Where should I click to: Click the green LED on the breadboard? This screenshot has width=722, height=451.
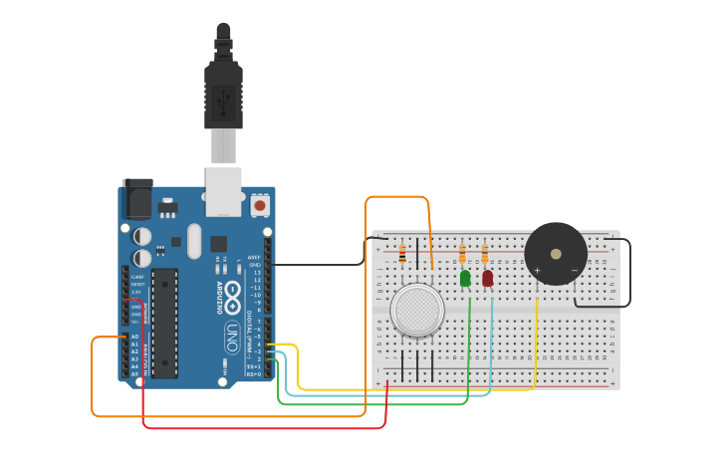tap(465, 278)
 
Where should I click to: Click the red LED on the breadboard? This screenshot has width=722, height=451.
tap(487, 278)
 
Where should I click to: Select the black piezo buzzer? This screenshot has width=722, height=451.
tap(556, 253)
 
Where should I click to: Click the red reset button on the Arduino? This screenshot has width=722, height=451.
tap(260, 206)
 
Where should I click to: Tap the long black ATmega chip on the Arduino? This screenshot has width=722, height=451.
tap(164, 323)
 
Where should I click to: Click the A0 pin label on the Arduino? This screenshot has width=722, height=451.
tap(135, 337)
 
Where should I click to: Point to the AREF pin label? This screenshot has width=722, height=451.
tap(255, 257)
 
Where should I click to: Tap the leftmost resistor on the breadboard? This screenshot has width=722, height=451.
tap(402, 254)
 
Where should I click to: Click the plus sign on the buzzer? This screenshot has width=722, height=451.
tap(537, 270)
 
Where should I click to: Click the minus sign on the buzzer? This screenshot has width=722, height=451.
tap(575, 270)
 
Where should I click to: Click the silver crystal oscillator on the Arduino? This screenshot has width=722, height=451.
tap(193, 240)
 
